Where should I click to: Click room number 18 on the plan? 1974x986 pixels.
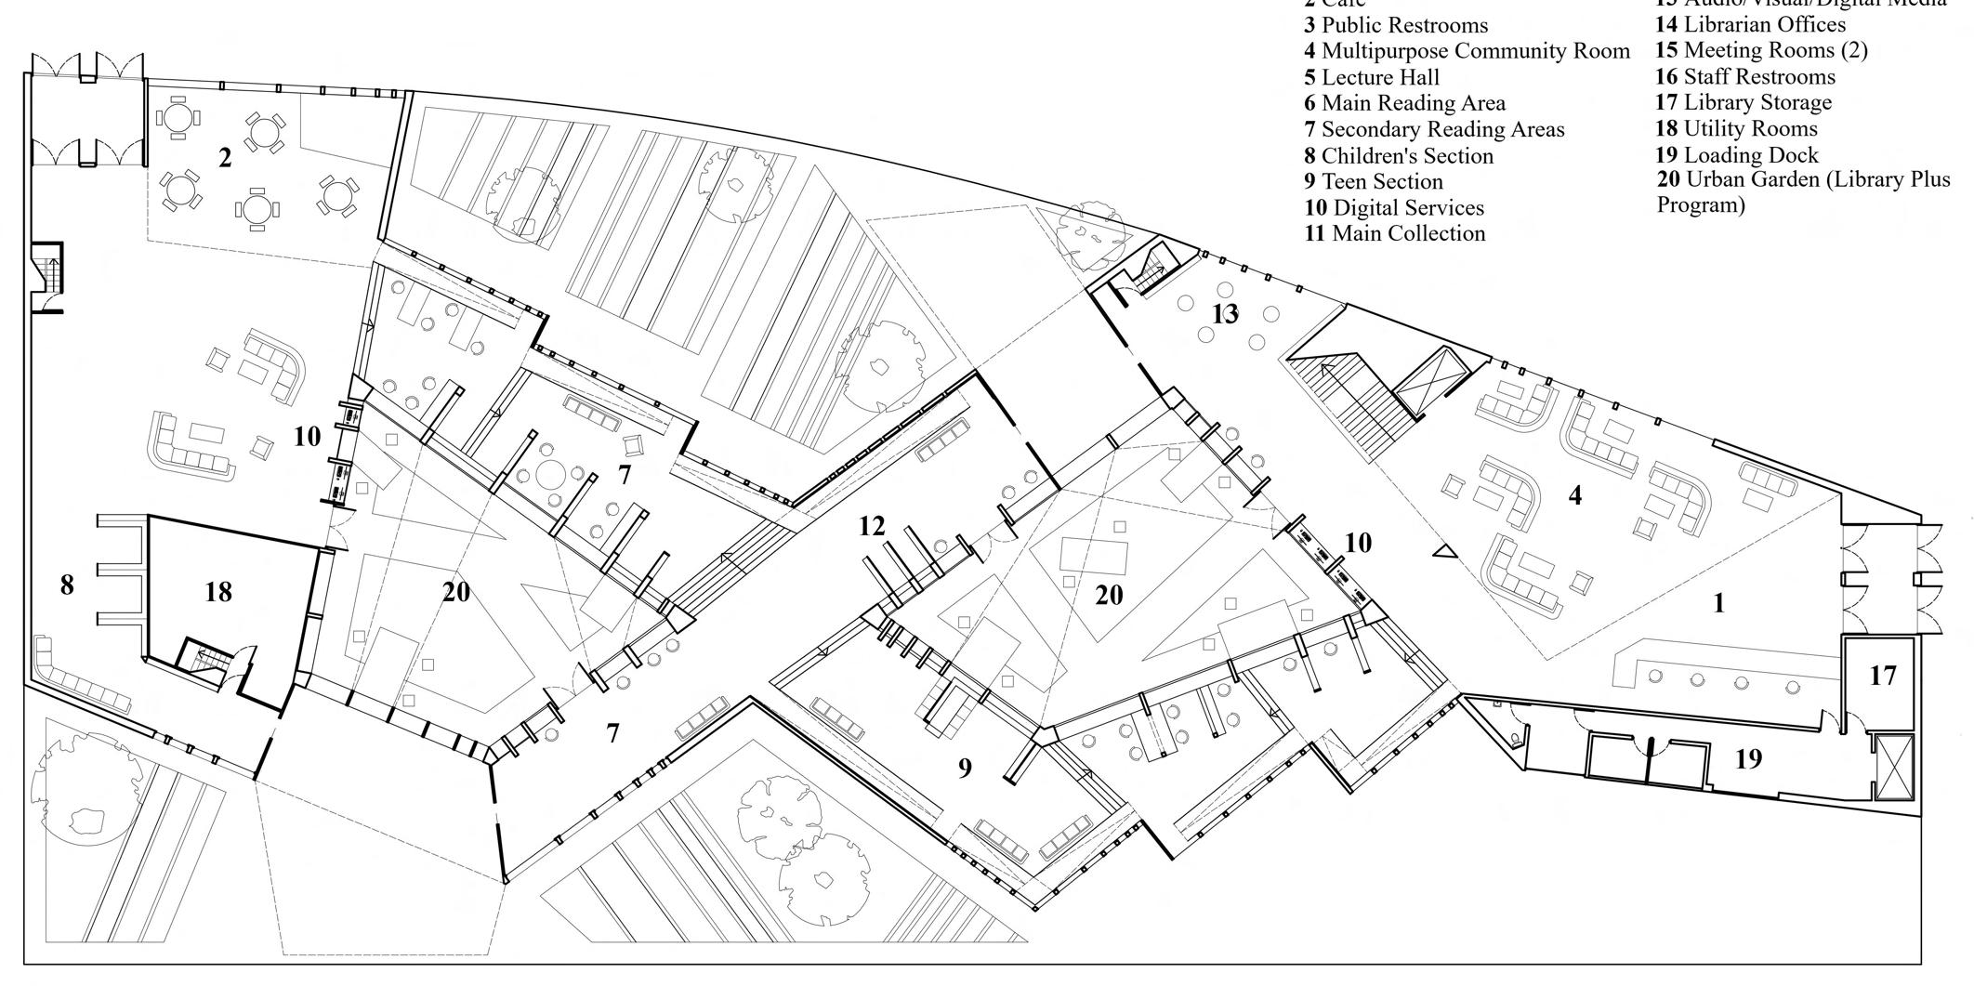tap(218, 592)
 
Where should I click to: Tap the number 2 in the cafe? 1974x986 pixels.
tap(225, 158)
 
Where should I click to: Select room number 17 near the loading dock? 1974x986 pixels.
tap(1883, 676)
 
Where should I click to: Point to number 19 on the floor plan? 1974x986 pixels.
tap(1748, 759)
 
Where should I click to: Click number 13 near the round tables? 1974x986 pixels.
tap(1225, 314)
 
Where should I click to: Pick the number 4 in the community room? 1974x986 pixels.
tap(1574, 495)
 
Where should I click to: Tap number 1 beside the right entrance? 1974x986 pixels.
tap(1718, 603)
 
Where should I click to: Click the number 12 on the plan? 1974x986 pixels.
tap(872, 526)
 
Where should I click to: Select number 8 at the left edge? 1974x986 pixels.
tap(66, 585)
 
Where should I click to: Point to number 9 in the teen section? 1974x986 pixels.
tap(965, 768)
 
